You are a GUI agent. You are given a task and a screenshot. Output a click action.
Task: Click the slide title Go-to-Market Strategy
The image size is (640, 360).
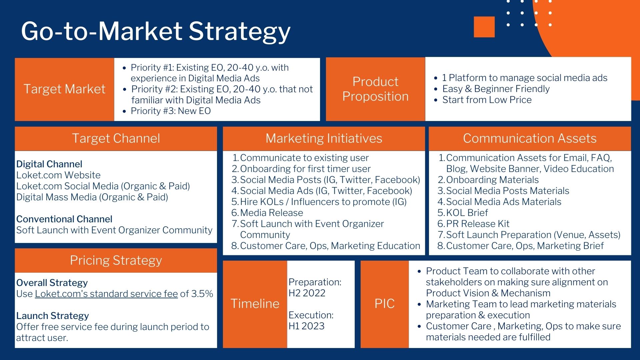point(156,31)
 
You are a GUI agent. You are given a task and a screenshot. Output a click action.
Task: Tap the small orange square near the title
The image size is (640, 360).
point(484,27)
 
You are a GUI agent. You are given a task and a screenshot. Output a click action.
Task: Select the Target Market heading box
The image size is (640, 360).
point(64,89)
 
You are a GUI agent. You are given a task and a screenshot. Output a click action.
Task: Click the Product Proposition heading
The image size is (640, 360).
point(375,89)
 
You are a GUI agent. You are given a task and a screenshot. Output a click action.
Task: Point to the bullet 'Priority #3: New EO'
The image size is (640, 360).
point(171,111)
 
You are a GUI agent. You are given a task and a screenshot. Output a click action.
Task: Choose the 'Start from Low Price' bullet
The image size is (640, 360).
point(487,100)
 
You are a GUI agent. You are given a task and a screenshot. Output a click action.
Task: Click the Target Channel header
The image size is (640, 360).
point(116,138)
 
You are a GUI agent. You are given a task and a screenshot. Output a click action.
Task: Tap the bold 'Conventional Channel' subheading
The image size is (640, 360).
point(64,219)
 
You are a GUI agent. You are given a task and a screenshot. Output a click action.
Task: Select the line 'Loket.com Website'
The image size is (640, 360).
point(58,175)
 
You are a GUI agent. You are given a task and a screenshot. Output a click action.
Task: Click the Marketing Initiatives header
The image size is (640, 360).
point(324,138)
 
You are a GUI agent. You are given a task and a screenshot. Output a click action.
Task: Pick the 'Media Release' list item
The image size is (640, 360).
point(271,213)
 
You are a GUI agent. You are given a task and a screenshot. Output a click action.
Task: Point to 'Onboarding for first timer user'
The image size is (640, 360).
point(305,169)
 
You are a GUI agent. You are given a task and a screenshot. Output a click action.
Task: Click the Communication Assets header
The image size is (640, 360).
point(530,138)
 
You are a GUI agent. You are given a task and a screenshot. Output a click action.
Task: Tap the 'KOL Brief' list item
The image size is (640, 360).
point(467,213)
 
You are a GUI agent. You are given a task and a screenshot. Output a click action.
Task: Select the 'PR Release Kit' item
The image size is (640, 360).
point(478,224)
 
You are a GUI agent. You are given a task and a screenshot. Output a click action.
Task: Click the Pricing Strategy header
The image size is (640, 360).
point(116,260)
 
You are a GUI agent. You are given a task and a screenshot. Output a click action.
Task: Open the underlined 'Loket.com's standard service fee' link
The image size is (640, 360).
point(106,294)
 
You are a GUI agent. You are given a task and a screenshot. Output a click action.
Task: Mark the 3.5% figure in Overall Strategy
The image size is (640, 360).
point(202,294)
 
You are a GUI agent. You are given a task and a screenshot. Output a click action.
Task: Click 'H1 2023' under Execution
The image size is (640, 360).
point(307,326)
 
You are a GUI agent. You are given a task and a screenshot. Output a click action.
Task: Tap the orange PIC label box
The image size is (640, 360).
point(385,304)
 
